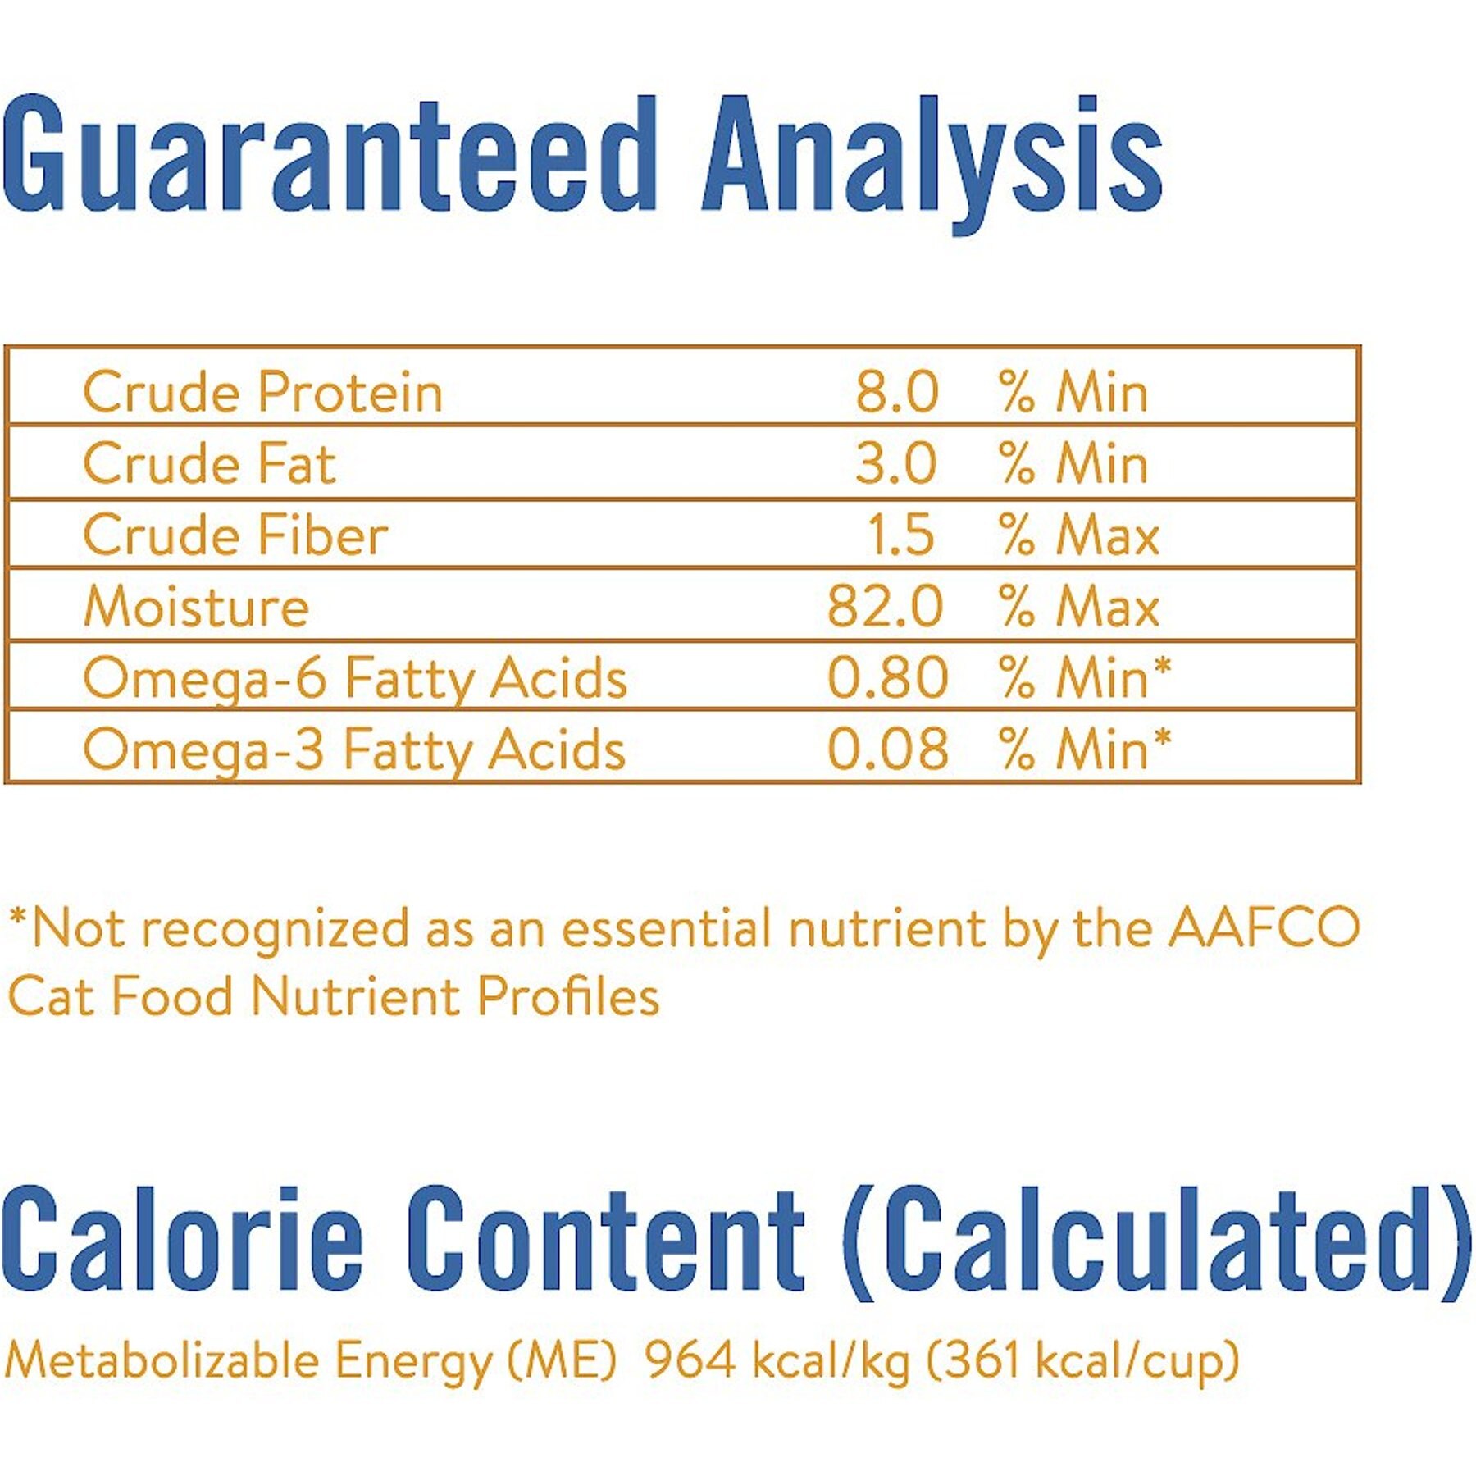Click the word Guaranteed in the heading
[x=329, y=154]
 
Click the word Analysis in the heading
[x=932, y=164]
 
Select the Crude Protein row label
[x=262, y=392]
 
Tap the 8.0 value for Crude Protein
[x=896, y=392]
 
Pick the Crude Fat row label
[x=209, y=463]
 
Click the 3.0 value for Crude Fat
[x=895, y=463]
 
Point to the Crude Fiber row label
[x=235, y=535]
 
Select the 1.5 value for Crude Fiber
[x=900, y=535]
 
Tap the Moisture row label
[x=196, y=606]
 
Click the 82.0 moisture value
[x=885, y=606]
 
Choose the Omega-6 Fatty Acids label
[x=355, y=681]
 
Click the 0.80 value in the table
[x=887, y=678]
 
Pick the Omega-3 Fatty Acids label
[x=354, y=752]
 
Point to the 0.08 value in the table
[x=887, y=749]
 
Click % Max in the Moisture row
[x=1079, y=606]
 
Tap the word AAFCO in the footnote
[x=1264, y=928]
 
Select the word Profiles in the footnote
[x=567, y=995]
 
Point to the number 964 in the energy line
[x=689, y=1359]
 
